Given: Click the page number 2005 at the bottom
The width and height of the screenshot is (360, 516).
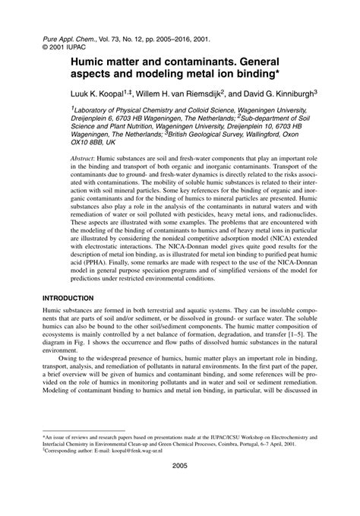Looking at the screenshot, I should pyautogui.click(x=179, y=487).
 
